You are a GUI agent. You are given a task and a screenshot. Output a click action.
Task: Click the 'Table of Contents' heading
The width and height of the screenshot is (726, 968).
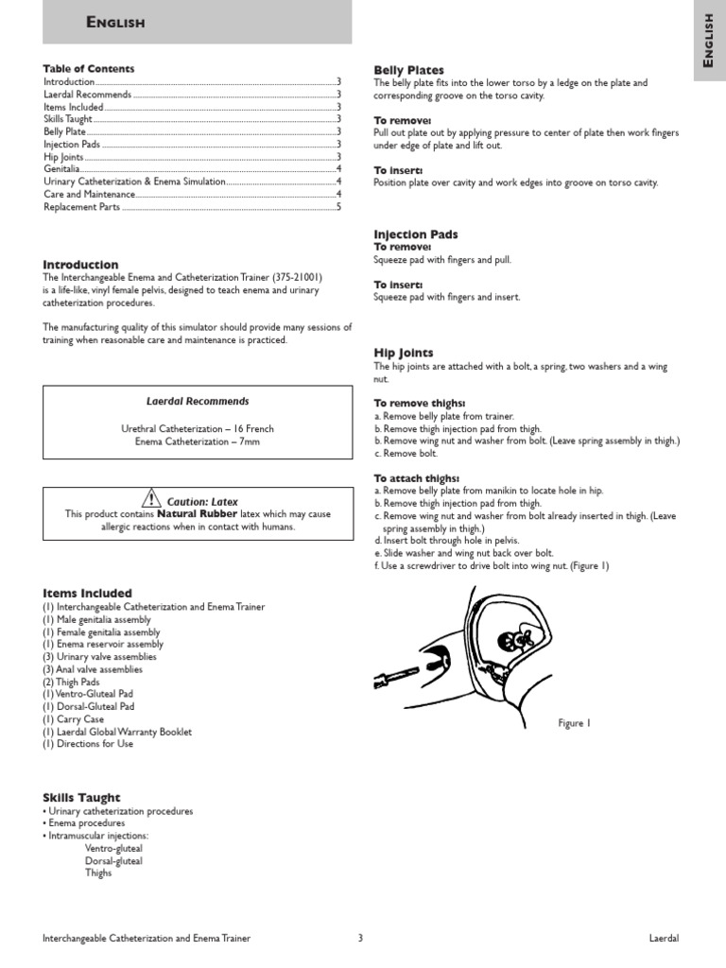pyautogui.click(x=89, y=69)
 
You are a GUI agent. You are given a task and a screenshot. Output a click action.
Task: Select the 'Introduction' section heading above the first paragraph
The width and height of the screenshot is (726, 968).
pyautogui.click(x=81, y=265)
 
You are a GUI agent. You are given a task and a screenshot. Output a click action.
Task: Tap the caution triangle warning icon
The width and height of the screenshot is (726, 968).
pyautogui.click(x=151, y=499)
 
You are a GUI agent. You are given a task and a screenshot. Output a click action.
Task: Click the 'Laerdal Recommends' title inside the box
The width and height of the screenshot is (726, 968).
pyautogui.click(x=198, y=402)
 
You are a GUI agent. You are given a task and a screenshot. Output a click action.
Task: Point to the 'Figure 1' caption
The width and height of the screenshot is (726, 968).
pyautogui.click(x=574, y=723)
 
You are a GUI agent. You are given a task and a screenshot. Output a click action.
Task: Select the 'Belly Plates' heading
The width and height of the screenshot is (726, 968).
pyautogui.click(x=408, y=70)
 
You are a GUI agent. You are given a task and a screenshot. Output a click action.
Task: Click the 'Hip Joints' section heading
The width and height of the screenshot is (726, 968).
pyautogui.click(x=404, y=353)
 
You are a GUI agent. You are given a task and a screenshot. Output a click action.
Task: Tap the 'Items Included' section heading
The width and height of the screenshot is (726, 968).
pyautogui.click(x=88, y=594)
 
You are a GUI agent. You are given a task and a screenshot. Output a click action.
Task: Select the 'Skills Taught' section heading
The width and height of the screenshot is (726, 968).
pyautogui.click(x=82, y=798)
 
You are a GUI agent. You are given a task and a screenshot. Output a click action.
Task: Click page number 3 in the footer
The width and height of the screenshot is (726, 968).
pyautogui.click(x=360, y=939)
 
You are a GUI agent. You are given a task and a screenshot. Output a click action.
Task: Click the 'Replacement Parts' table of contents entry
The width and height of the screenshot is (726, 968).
pyautogui.click(x=82, y=207)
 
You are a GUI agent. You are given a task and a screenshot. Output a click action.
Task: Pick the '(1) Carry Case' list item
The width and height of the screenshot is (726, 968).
pyautogui.click(x=74, y=719)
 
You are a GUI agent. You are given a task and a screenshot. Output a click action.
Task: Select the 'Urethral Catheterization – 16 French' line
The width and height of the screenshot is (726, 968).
pyautogui.click(x=198, y=428)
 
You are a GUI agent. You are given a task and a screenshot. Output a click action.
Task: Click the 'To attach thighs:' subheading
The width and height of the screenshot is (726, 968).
pyautogui.click(x=417, y=478)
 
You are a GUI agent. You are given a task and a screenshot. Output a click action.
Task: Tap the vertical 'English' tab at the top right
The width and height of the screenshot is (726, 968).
pyautogui.click(x=709, y=45)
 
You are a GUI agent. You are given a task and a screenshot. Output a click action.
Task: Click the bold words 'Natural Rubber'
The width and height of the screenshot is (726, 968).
pyautogui.click(x=197, y=514)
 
